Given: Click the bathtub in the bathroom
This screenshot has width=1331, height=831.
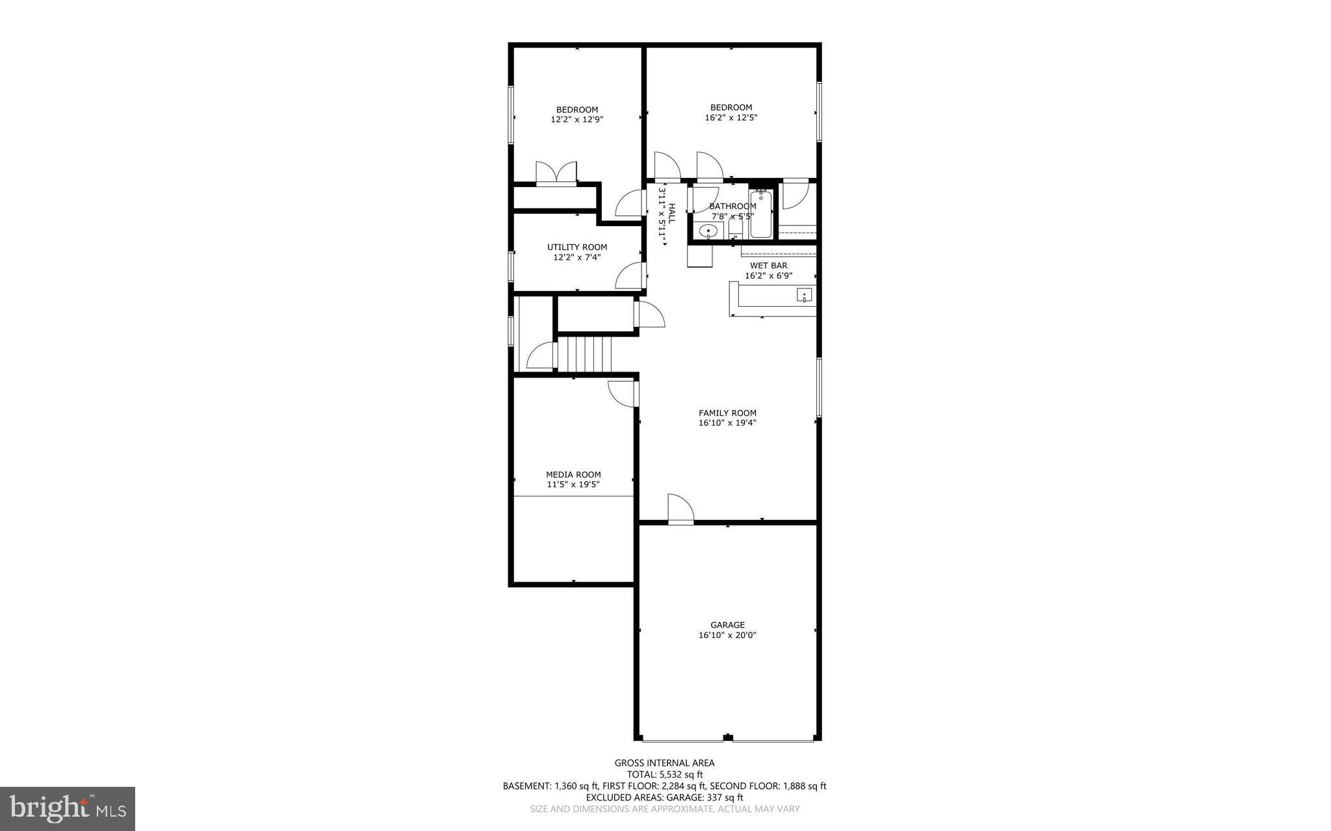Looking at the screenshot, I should point(760,214).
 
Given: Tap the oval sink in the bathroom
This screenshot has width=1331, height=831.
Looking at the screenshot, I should point(708,231).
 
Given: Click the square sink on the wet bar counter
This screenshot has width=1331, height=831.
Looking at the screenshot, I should point(805,296).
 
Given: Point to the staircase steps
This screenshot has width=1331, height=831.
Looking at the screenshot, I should point(586,353).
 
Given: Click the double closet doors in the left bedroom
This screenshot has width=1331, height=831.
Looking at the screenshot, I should point(556,174).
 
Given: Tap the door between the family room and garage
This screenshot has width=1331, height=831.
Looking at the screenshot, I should point(680,509).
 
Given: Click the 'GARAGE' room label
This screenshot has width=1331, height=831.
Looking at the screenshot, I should point(727,625).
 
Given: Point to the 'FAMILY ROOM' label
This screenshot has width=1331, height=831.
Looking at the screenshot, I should point(727,413).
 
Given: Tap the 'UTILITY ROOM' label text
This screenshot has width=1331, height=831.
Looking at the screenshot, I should point(576,247).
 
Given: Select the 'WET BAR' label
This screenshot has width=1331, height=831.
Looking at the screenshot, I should point(768,265).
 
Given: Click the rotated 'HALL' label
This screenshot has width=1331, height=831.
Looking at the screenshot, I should point(671,214).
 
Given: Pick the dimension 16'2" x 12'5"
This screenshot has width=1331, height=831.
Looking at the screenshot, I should point(731,118).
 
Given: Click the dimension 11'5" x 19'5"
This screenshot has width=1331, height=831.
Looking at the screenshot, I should point(573,484).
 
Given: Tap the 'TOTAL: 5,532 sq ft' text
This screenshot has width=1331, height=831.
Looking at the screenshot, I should point(664,774).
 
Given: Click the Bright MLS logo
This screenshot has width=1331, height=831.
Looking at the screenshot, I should point(68,808).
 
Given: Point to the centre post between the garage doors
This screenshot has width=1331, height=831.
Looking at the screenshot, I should point(728,737).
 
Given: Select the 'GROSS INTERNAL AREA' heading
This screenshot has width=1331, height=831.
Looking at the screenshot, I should point(664,763).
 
